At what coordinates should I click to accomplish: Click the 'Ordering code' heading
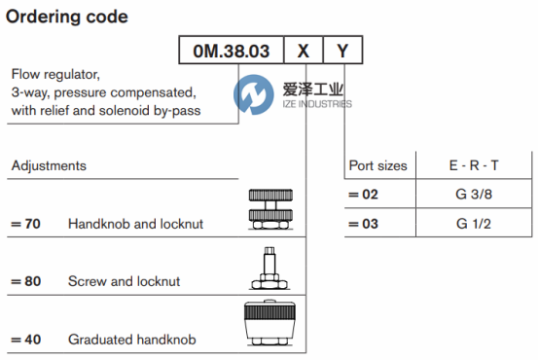click(67, 18)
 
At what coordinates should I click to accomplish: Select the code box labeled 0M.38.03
click(232, 50)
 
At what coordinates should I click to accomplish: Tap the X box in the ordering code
click(304, 50)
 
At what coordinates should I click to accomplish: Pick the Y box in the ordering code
click(342, 50)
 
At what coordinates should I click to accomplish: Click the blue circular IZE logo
click(254, 94)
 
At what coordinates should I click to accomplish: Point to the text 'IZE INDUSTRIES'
click(317, 104)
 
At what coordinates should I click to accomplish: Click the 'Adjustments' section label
click(49, 165)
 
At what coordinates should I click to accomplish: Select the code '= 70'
click(25, 224)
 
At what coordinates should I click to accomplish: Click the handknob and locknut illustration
click(270, 209)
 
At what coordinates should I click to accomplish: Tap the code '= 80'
click(25, 281)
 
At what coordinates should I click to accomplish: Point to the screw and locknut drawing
click(269, 269)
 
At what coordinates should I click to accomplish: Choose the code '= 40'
click(25, 340)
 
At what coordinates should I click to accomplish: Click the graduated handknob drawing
click(269, 323)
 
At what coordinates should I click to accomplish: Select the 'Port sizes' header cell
click(378, 165)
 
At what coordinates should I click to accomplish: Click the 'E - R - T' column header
click(474, 165)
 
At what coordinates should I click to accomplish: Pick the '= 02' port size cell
click(363, 195)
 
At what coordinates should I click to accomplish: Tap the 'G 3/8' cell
click(474, 195)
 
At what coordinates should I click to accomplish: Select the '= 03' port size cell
click(363, 224)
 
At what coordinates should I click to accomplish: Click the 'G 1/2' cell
click(474, 224)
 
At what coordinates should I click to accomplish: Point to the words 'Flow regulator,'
click(55, 75)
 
